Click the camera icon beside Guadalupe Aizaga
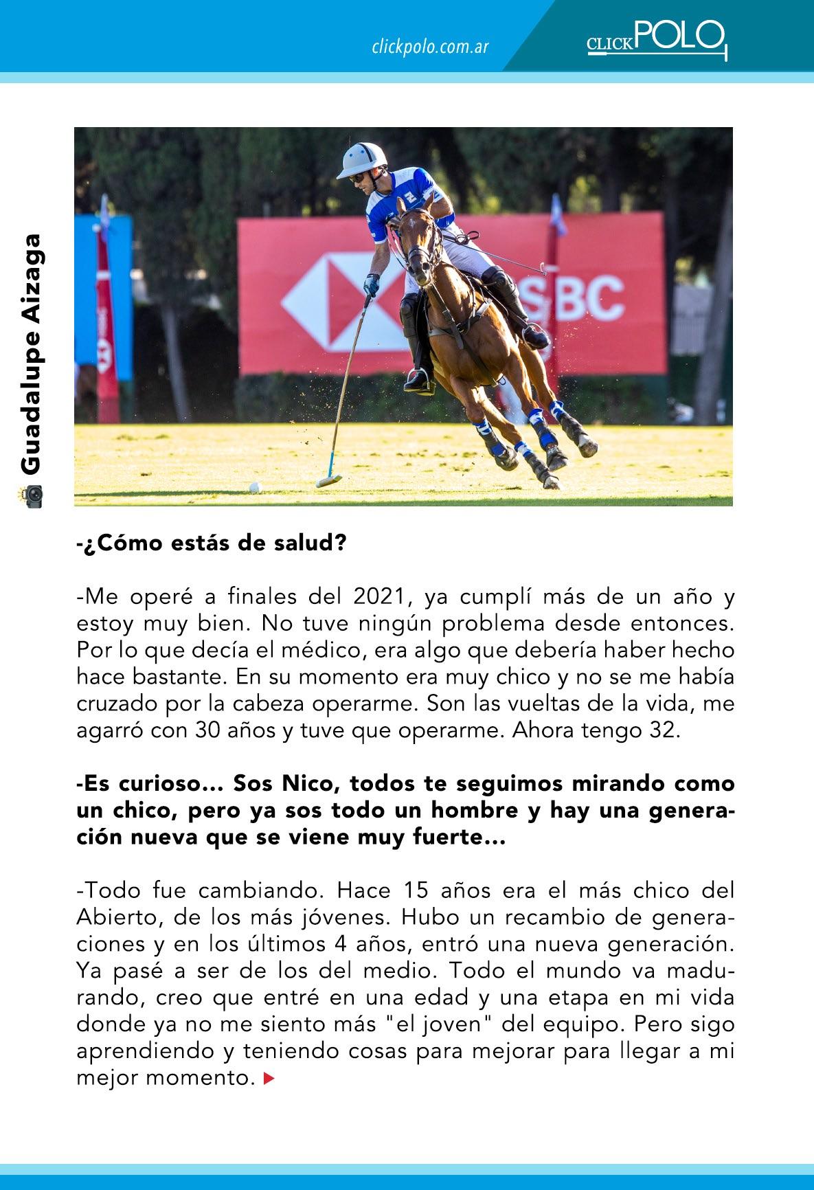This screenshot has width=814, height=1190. pos(32,495)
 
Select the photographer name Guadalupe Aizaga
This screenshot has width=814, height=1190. pos(32,355)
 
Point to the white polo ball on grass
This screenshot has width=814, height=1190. pos(255,487)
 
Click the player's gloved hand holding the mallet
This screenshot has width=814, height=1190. pos(372,284)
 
